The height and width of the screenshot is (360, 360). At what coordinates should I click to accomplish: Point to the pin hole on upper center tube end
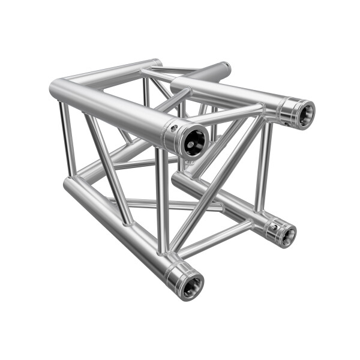[175, 128]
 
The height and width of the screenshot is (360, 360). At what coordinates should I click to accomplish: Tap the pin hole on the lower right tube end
[272, 226]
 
